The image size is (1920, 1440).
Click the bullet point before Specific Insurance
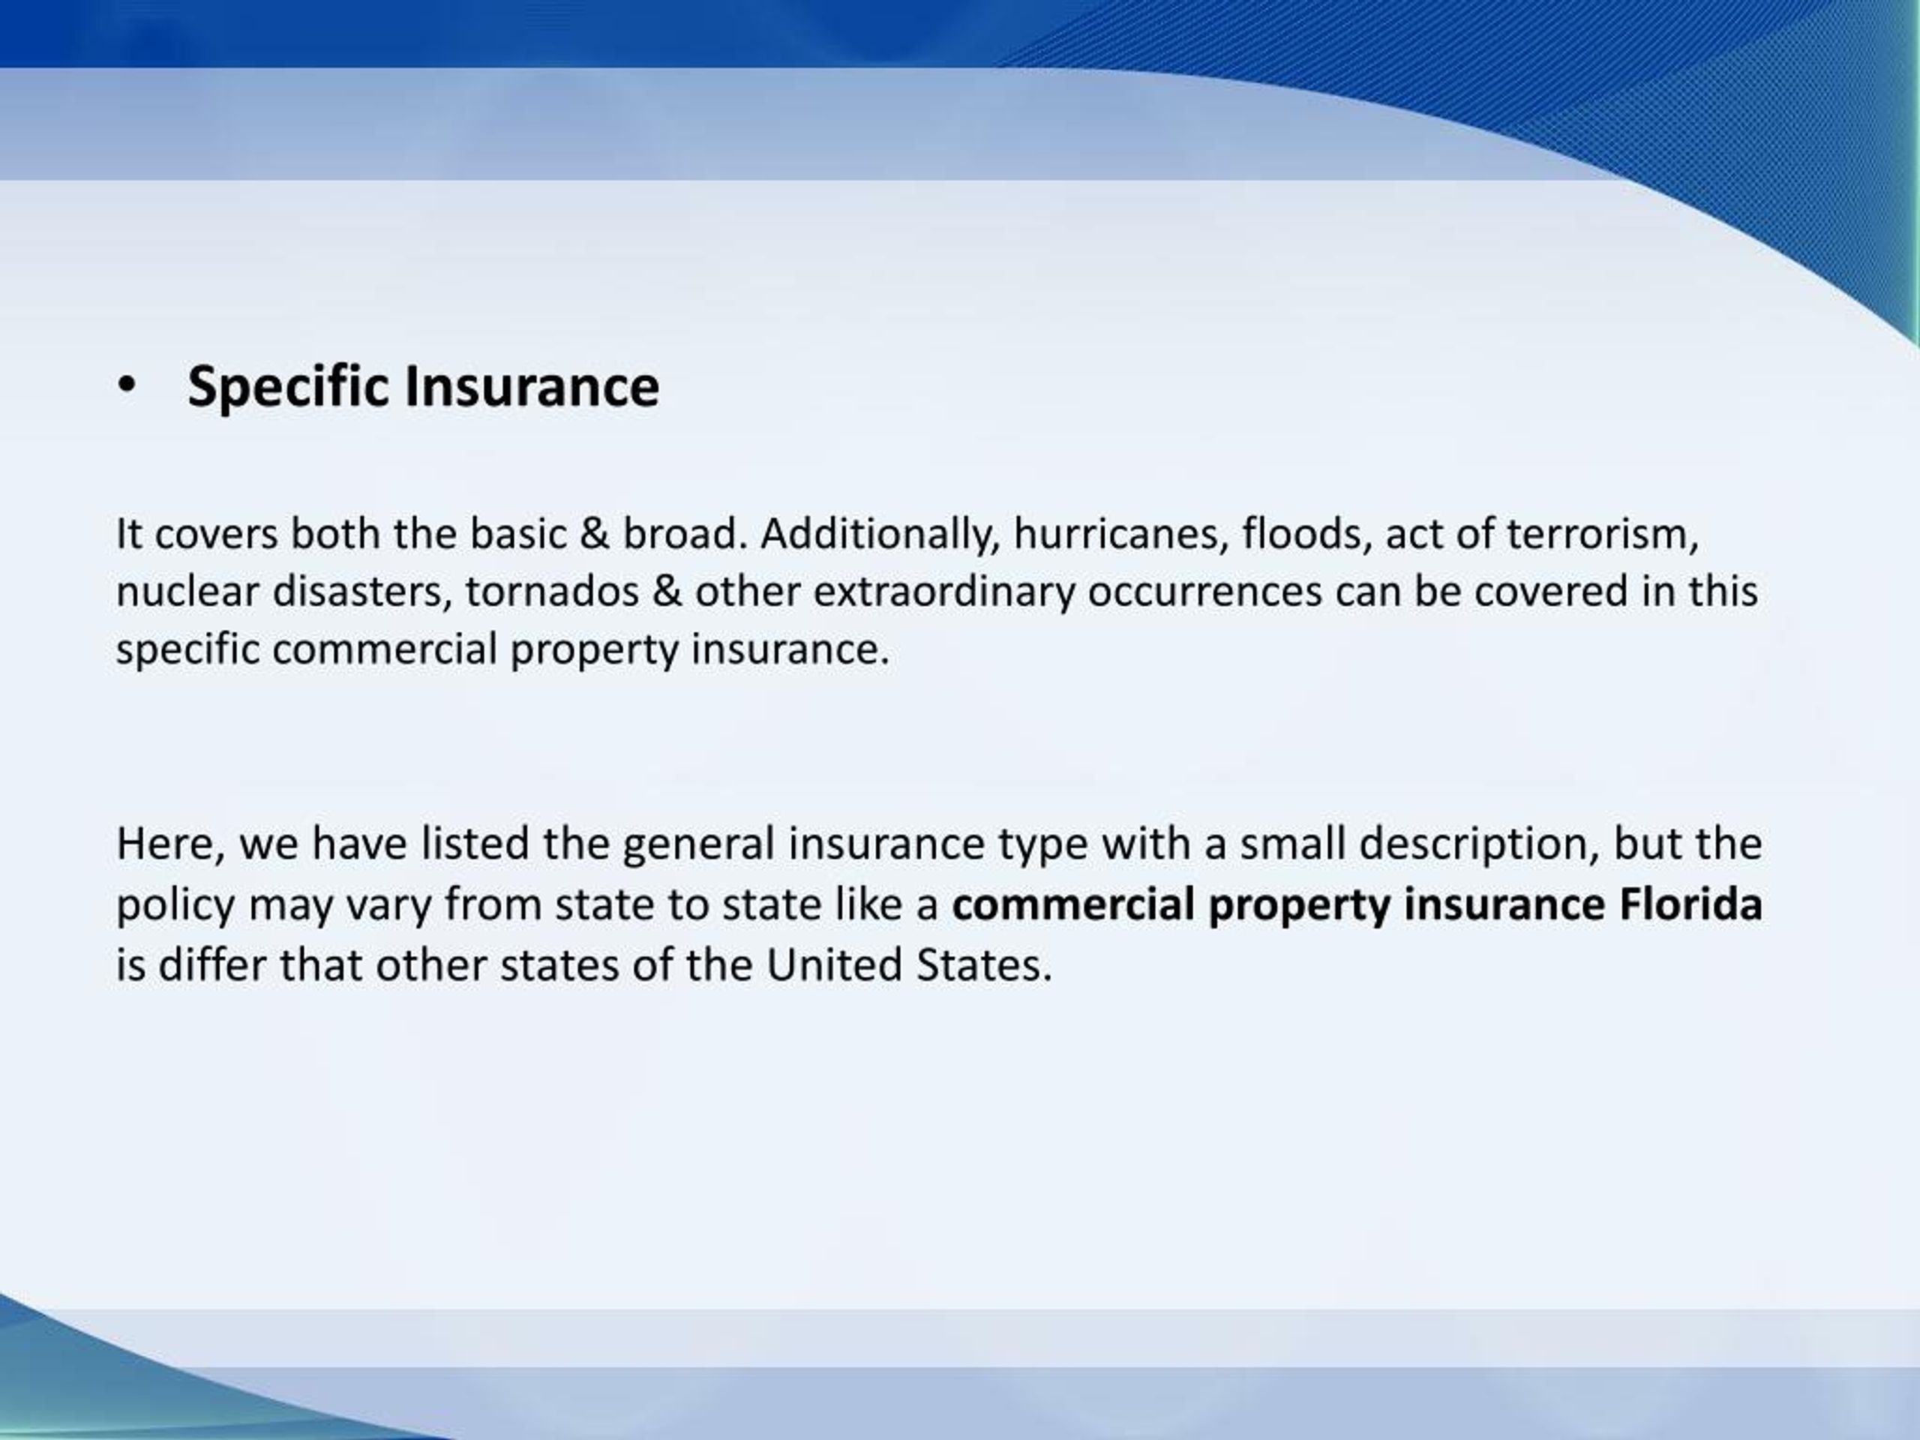coord(127,387)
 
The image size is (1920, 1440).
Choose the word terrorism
coord(1601,534)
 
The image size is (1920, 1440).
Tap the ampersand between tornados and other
coord(667,592)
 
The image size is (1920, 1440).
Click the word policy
coord(175,906)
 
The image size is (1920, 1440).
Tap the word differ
coord(211,964)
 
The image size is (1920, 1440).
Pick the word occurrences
coord(1204,592)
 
